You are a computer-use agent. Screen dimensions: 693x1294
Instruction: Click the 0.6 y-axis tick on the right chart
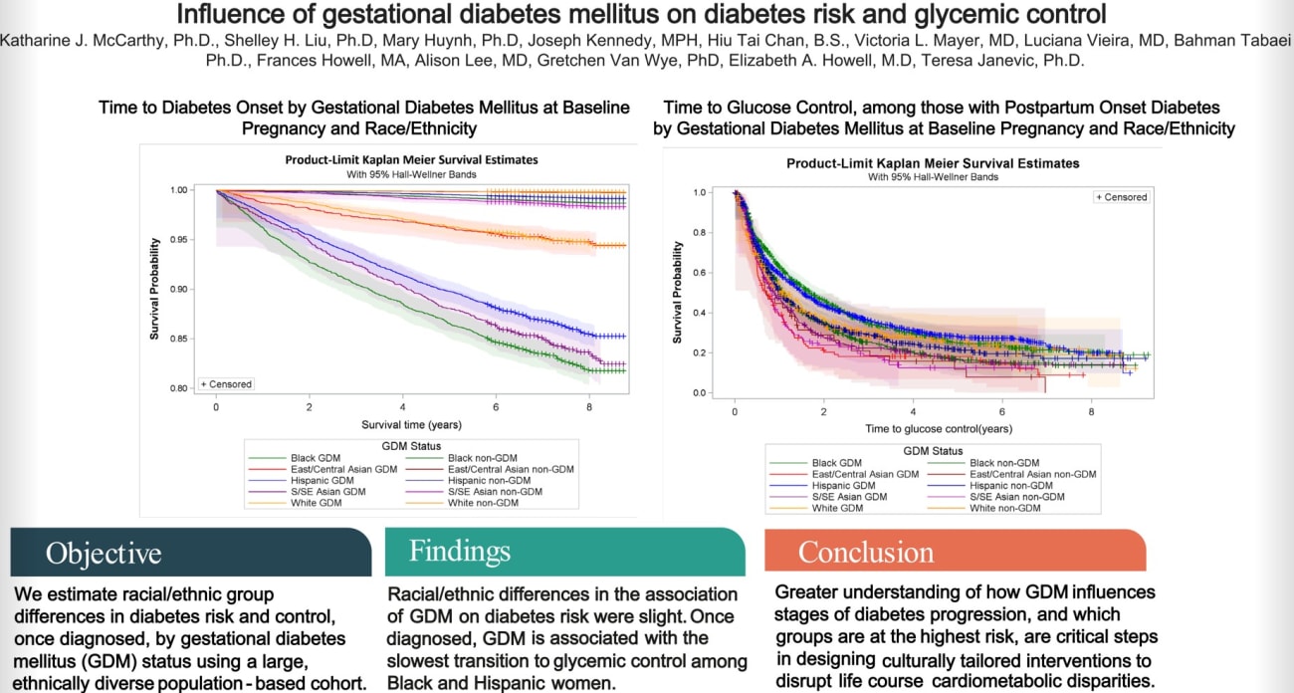coord(699,273)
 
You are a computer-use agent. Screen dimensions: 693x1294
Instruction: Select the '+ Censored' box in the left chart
coord(227,383)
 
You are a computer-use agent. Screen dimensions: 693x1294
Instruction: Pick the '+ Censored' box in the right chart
coord(1121,197)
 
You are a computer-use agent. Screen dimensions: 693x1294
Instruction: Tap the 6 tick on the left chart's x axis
coord(497,407)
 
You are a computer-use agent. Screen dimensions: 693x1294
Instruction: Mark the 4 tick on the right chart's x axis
coord(913,411)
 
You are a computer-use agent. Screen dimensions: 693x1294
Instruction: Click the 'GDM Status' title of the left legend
coord(412,445)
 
